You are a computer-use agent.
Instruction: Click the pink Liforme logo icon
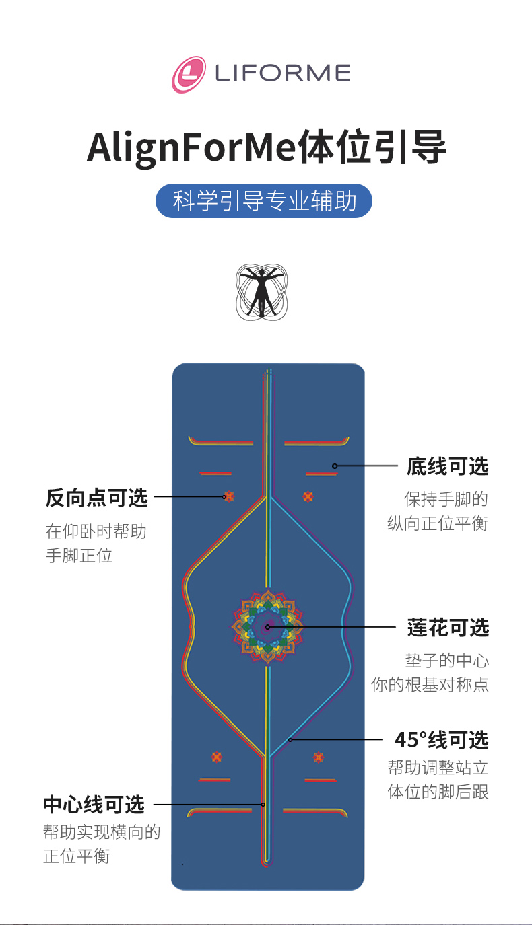click(189, 74)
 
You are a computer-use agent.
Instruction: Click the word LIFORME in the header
click(283, 73)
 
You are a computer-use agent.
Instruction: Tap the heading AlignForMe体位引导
click(267, 147)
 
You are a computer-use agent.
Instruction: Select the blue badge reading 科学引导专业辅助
click(264, 201)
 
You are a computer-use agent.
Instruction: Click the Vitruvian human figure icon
click(262, 291)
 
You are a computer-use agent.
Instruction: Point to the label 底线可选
click(447, 466)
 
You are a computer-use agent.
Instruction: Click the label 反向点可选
click(96, 498)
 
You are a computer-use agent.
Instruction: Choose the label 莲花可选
click(448, 628)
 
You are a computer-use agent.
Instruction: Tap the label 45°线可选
click(441, 740)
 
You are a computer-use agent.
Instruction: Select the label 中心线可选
click(94, 804)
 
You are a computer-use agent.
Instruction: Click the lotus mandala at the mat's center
click(268, 627)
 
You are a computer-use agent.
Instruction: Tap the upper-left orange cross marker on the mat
click(229, 496)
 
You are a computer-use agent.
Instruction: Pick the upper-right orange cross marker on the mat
click(308, 496)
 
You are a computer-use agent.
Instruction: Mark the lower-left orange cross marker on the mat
click(216, 757)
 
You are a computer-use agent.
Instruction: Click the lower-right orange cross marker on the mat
click(318, 757)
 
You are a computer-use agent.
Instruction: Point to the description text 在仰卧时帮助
click(96, 531)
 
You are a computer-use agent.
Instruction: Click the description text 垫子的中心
click(447, 660)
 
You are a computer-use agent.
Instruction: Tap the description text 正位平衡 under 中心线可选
click(76, 856)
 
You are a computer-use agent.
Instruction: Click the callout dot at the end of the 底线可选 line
click(335, 466)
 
